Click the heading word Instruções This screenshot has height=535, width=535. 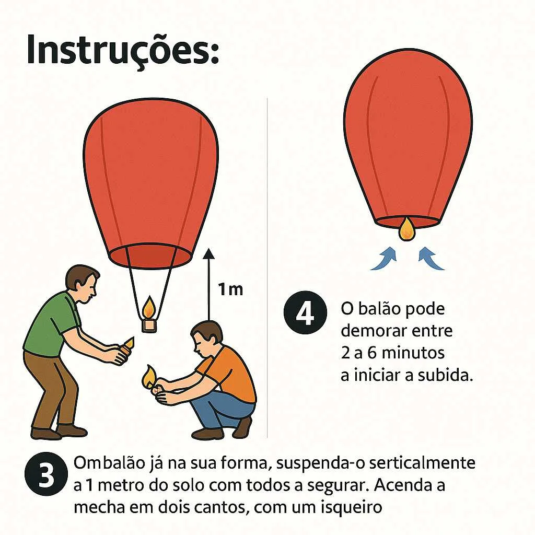123,50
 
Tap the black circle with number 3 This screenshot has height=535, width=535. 46,473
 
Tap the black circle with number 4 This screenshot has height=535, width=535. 305,312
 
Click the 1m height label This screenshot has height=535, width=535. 231,289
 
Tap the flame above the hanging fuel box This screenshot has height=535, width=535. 149,307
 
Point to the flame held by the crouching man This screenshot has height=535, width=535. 148,377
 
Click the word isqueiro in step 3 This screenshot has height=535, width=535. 352,507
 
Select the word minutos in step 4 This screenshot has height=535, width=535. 413,353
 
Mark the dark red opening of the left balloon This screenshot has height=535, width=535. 150,257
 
